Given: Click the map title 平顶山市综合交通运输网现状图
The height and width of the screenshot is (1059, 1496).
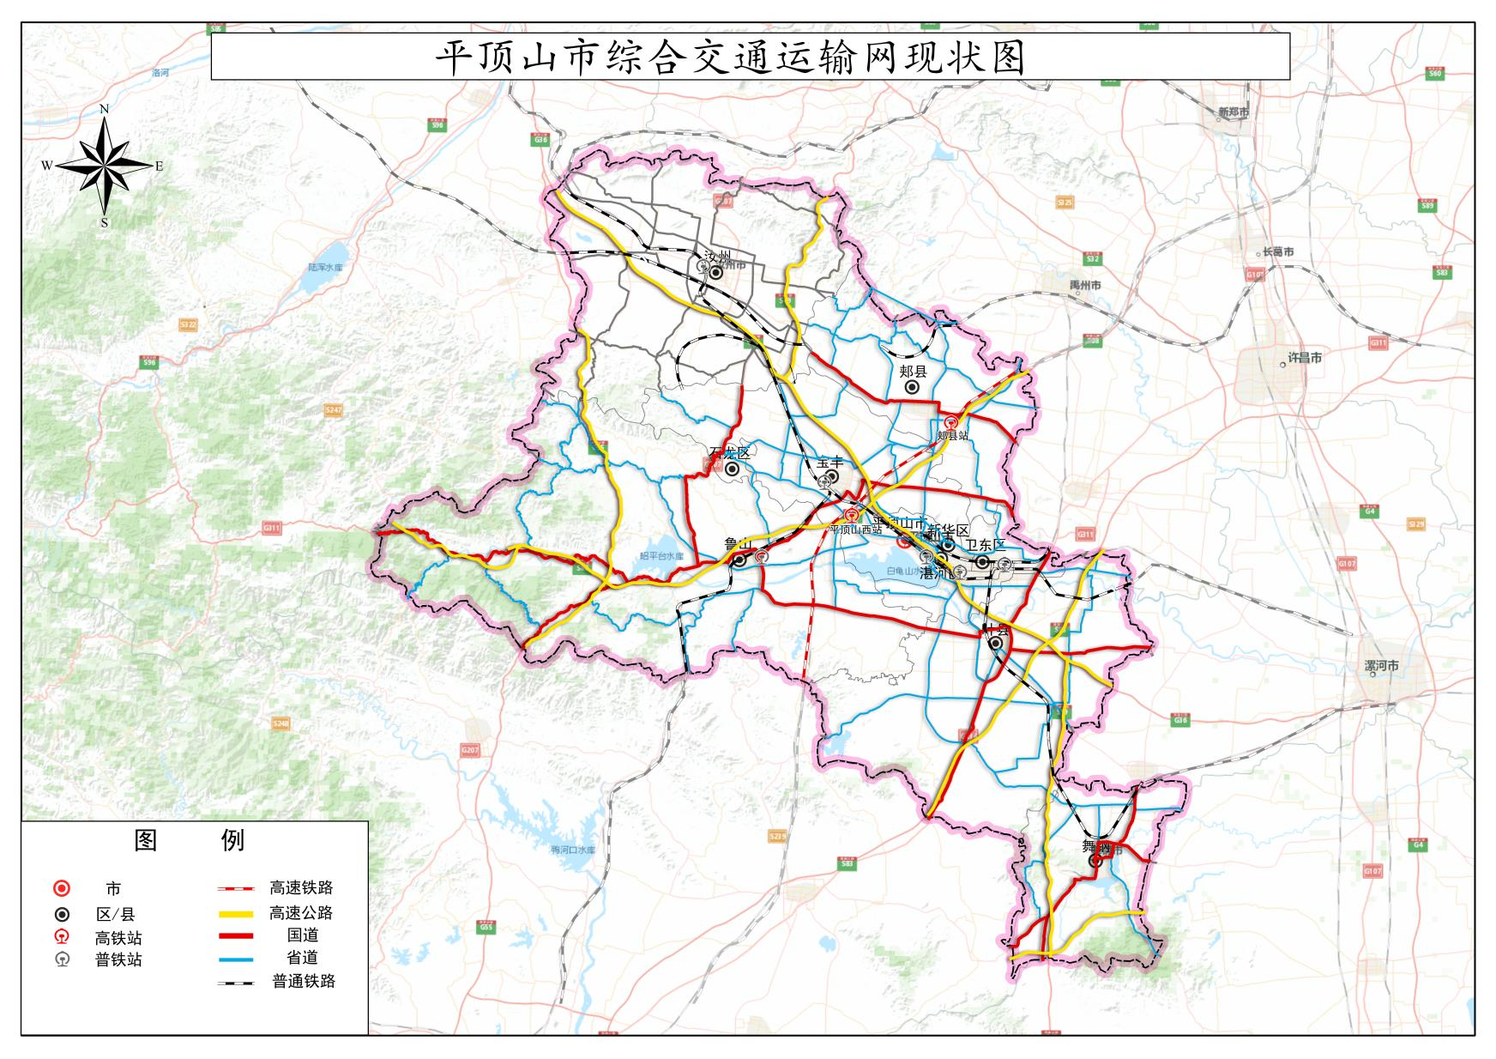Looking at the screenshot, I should point(730,58).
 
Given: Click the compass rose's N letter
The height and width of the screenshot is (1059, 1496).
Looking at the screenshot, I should point(105,109).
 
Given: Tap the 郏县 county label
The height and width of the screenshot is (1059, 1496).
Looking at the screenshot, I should point(913,372).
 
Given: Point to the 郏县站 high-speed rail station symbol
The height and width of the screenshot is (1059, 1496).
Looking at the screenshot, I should point(951,422).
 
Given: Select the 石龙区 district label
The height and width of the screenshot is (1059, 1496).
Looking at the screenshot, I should point(729,453).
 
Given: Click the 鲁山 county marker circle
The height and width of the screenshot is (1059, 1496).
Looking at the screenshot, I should point(739,560).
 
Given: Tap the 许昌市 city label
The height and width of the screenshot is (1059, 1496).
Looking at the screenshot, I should point(1305,358).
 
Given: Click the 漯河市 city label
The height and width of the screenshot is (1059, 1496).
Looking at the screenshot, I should point(1381,666).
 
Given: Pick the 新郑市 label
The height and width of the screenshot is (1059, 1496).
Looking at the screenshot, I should point(1233,112).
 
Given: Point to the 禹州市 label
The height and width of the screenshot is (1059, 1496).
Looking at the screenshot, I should point(1085,285).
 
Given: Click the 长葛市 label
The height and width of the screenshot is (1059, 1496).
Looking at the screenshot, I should point(1278,252).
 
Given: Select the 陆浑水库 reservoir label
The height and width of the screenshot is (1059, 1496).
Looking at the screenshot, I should point(325,268).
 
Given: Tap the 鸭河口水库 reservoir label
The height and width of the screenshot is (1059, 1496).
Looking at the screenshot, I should point(573,850).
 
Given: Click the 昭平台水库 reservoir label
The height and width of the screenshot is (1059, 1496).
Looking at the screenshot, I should point(661,556).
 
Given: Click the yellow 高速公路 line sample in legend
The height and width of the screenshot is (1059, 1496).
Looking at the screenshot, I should point(235,913).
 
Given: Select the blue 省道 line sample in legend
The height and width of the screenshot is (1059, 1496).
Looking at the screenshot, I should point(235,959).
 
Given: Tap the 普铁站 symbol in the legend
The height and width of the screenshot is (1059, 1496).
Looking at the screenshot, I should point(62,959).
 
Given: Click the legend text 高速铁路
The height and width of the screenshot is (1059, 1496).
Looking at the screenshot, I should point(300,888).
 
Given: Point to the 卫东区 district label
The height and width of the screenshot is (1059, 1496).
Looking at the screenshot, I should point(986,545).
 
